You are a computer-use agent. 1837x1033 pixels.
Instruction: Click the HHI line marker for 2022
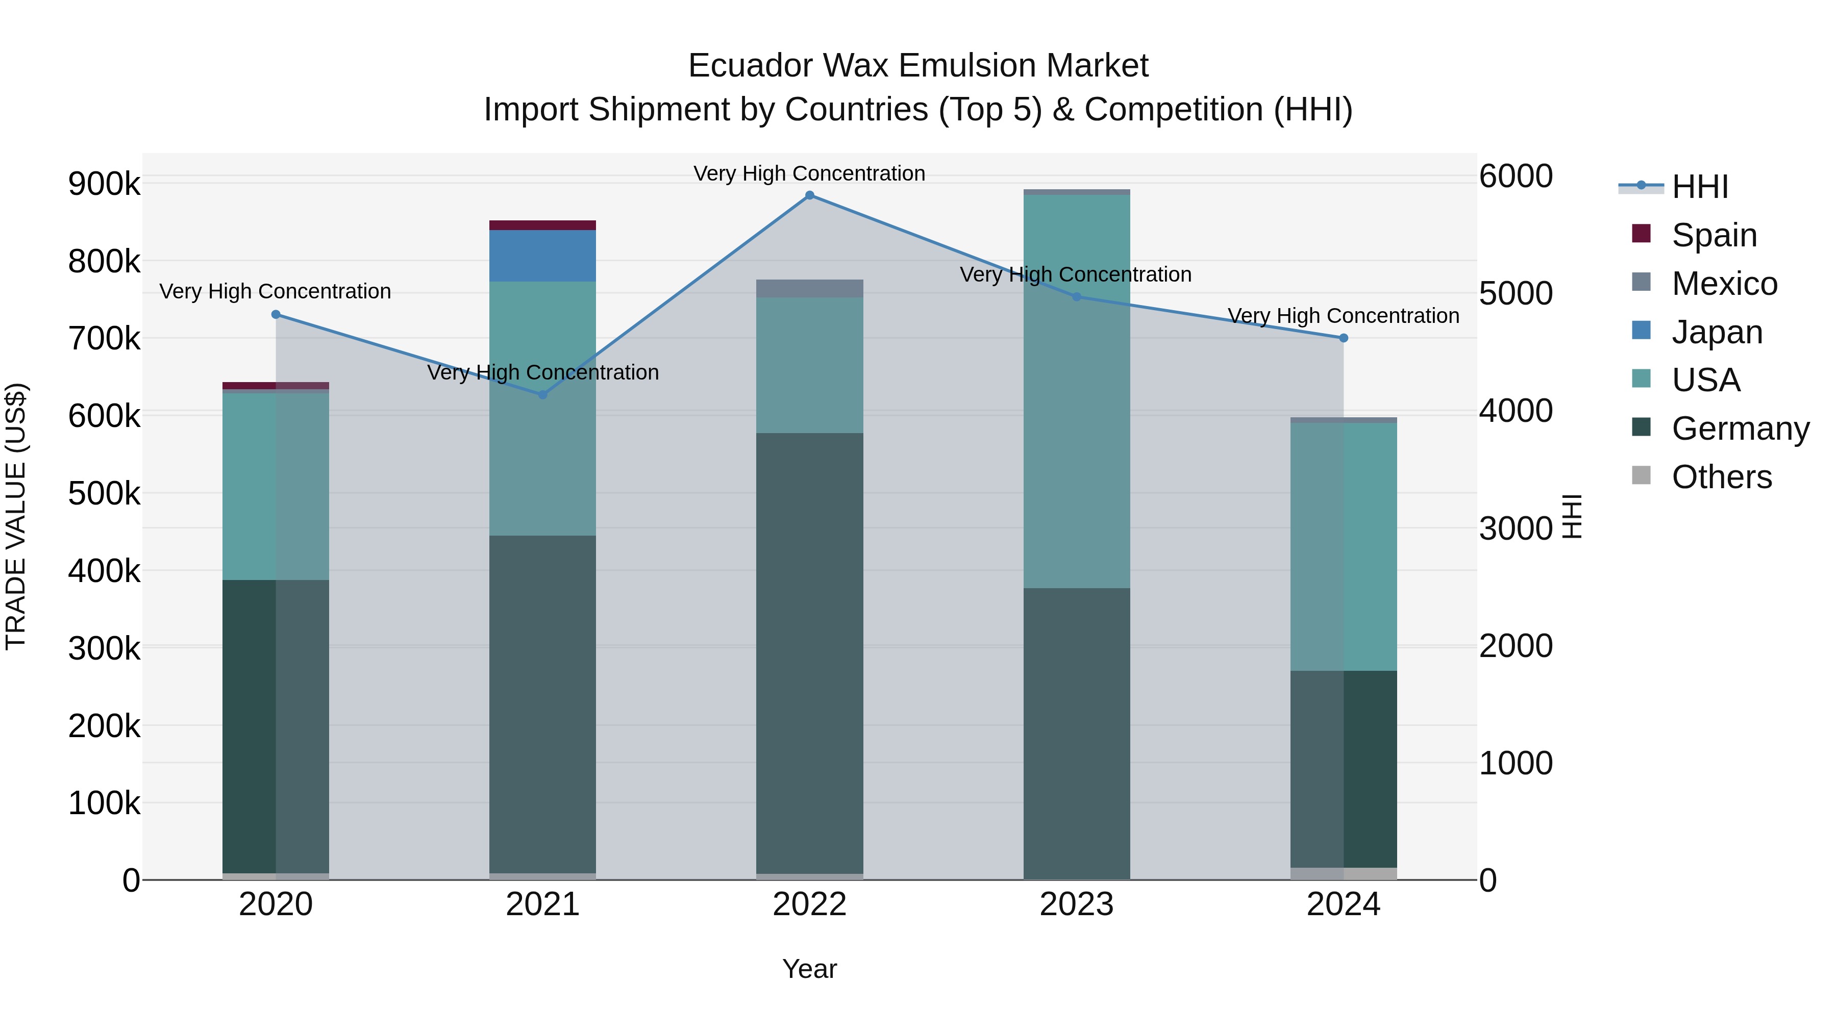pyautogui.click(x=809, y=195)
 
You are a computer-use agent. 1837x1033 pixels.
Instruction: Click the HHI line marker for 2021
pyautogui.click(x=543, y=394)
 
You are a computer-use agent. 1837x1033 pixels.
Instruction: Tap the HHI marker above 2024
pyautogui.click(x=1344, y=338)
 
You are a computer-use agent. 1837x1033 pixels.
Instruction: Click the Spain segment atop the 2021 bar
pyautogui.click(x=543, y=225)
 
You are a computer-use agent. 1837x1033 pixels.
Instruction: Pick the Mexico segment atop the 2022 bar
pyautogui.click(x=809, y=288)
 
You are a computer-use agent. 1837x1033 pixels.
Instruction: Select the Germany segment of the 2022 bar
pyautogui.click(x=809, y=652)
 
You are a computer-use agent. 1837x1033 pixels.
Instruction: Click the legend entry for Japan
pyautogui.click(x=1716, y=332)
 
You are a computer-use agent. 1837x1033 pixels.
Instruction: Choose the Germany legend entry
pyautogui.click(x=1740, y=429)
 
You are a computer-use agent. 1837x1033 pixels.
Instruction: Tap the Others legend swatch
pyautogui.click(x=1641, y=475)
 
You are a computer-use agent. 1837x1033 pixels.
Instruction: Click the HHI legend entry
pyautogui.click(x=1699, y=187)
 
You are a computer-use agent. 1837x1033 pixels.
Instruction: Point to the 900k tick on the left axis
pyautogui.click(x=104, y=184)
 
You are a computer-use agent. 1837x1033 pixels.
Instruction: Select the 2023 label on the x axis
pyautogui.click(x=1077, y=904)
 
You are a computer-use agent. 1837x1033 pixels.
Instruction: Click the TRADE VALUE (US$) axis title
pyautogui.click(x=16, y=516)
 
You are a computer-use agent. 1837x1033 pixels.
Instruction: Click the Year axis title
pyautogui.click(x=809, y=969)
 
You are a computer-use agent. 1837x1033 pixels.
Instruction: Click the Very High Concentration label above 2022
pyautogui.click(x=809, y=173)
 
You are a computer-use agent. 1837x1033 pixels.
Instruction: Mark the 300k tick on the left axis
pyautogui.click(x=104, y=648)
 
